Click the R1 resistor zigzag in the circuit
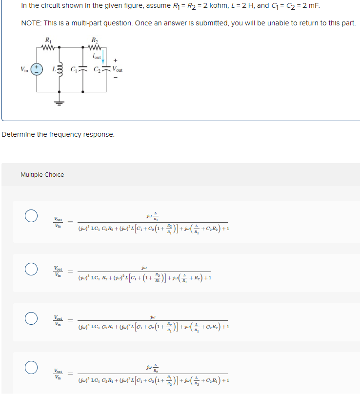click(x=48, y=47)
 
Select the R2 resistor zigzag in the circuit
click(x=94, y=47)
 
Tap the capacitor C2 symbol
click(x=106, y=70)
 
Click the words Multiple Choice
click(x=42, y=175)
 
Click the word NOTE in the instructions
click(x=30, y=23)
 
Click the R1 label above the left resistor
click(x=47, y=40)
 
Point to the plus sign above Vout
click(x=116, y=62)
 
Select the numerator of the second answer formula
click(x=144, y=268)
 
